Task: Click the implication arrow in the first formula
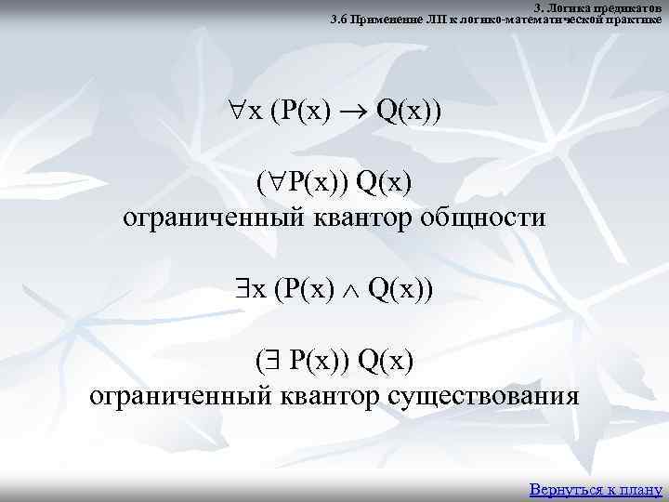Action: pos(360,112)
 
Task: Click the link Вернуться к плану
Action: pos(595,488)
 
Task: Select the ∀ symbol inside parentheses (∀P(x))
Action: pos(277,183)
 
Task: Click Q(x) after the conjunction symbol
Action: pos(397,290)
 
